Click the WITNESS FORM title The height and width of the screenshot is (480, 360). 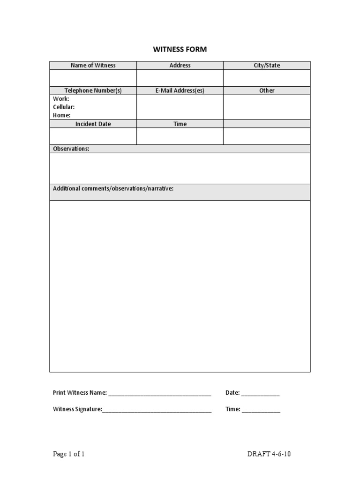[180, 49]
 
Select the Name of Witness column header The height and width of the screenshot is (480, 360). [93, 66]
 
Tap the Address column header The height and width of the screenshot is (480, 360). [180, 66]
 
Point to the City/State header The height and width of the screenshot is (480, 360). [267, 66]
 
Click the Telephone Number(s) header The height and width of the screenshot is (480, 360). [93, 90]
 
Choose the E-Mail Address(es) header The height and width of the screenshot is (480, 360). [180, 90]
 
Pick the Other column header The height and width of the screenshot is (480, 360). [267, 90]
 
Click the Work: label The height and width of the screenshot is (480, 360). [61, 99]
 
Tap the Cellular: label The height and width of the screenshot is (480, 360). [64, 107]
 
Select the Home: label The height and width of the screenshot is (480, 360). [62, 115]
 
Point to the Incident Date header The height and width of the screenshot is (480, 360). [93, 124]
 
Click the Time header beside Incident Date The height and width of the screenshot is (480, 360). [180, 124]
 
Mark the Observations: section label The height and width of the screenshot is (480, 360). [71, 149]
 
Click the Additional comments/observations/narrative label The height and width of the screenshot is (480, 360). [113, 188]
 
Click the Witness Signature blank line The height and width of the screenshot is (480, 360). [157, 410]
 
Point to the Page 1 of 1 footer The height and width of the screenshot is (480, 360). [69, 454]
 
